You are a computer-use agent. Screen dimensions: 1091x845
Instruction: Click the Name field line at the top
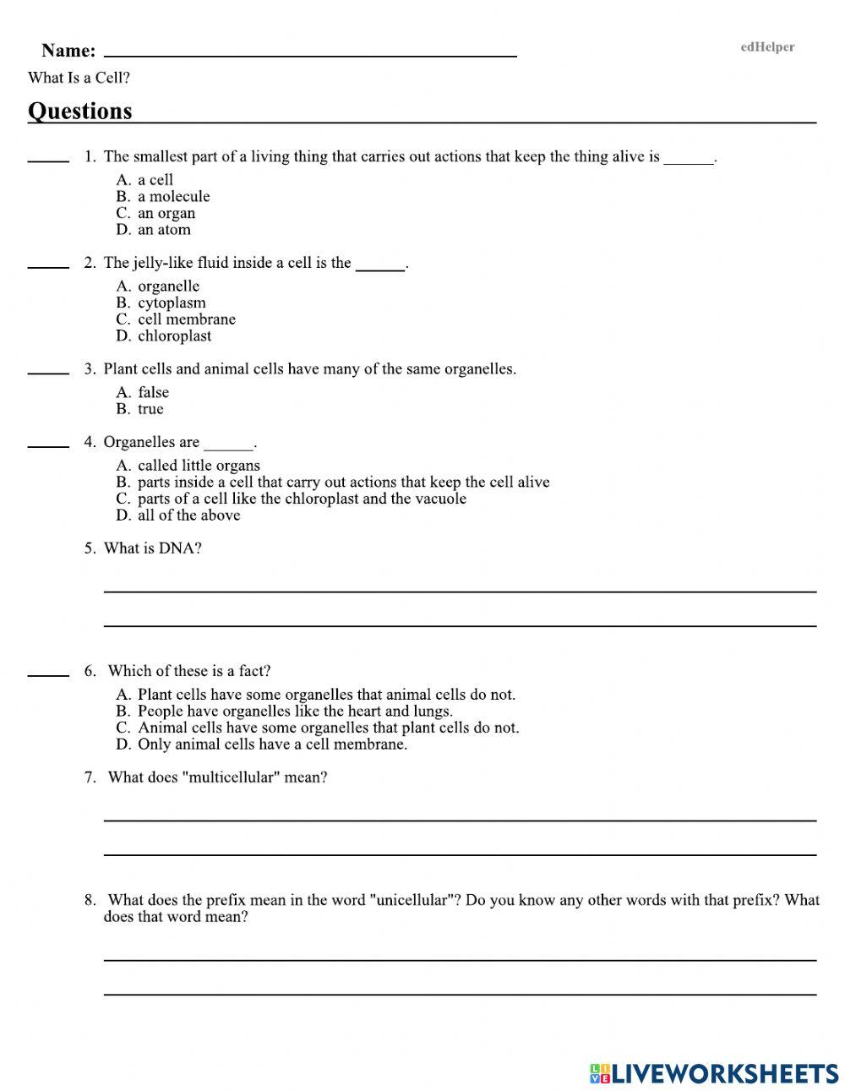pos(309,51)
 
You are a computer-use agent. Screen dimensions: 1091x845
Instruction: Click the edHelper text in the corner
pos(767,47)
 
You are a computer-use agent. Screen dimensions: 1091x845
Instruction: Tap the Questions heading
pos(80,112)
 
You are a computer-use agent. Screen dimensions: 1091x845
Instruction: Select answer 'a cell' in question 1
pos(155,179)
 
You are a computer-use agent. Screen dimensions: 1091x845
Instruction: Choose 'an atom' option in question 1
pos(164,229)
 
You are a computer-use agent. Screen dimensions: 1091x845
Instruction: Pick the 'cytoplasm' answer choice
pos(172,303)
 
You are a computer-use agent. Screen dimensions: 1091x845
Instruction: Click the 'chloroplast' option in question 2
pos(174,335)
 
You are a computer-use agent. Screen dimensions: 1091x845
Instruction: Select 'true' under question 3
pos(150,409)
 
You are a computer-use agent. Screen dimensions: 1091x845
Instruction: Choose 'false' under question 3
pos(153,392)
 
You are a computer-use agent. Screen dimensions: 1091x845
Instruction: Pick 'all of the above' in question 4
pos(188,515)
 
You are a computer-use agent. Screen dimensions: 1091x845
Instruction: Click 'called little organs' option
pos(199,466)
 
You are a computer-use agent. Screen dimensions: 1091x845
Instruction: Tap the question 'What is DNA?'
pos(152,548)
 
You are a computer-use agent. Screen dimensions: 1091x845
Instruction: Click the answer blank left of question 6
pos(48,674)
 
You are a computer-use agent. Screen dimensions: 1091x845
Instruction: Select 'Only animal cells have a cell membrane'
pos(272,745)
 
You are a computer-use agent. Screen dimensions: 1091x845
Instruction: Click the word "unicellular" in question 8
pos(415,900)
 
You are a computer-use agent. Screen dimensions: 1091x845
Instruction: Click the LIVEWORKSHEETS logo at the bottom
pos(714,1073)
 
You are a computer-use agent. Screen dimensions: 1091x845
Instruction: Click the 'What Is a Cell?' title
pos(79,78)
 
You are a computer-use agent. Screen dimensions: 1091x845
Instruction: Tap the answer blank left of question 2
pos(48,265)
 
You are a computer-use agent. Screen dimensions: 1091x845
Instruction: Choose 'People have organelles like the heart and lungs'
pos(295,711)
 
